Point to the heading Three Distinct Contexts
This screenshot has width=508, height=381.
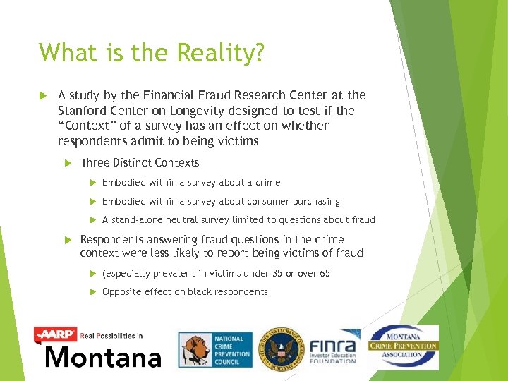(140, 163)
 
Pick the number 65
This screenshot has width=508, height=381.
(323, 273)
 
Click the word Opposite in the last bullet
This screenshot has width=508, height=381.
(123, 291)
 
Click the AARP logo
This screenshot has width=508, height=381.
(56, 334)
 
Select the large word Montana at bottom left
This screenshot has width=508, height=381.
(103, 358)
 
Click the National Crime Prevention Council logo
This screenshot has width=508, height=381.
(212, 350)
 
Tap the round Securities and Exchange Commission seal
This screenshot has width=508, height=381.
(280, 349)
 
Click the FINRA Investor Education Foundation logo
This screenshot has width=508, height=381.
(333, 348)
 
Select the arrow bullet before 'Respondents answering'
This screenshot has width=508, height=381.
(68, 239)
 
